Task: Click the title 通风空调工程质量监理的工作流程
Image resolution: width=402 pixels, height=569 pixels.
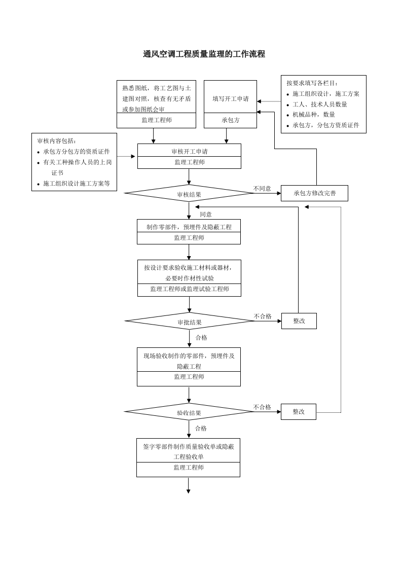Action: [204, 54]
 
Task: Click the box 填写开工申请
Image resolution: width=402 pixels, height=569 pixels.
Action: [230, 99]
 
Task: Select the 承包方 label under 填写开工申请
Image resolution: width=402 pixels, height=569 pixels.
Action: [230, 121]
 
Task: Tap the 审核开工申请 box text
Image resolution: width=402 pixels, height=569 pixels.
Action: [189, 151]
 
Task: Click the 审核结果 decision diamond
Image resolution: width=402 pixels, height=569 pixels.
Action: [189, 194]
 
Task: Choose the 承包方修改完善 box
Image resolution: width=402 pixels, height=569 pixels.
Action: [314, 193]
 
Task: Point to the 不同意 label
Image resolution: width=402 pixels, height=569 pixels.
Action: [262, 189]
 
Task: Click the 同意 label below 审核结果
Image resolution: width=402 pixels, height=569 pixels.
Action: [205, 215]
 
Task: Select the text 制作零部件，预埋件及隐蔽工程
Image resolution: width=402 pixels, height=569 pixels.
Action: [189, 227]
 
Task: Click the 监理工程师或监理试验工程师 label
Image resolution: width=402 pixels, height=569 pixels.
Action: [189, 289]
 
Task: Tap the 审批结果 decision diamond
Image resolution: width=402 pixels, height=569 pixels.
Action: [189, 322]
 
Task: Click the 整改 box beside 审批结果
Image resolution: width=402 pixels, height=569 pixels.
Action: [299, 321]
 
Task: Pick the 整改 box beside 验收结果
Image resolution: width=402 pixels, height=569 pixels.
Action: [298, 411]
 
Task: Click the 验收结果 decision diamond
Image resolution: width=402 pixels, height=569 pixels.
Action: [189, 413]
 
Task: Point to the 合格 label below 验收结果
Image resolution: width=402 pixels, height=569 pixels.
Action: [201, 429]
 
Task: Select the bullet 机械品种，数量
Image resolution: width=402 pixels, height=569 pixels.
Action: [314, 115]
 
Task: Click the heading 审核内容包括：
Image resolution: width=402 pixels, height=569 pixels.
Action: [57, 141]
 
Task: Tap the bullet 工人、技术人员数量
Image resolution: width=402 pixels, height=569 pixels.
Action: [320, 104]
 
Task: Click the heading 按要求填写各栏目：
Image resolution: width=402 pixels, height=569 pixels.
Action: [312, 83]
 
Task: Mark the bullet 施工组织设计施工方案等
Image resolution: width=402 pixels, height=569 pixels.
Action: [76, 184]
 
